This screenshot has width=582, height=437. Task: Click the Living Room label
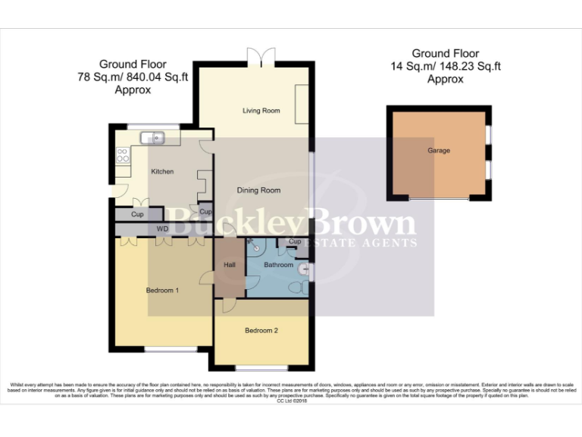point(261,111)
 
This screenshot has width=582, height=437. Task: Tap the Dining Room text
point(259,190)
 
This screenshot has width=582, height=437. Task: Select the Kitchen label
point(162,171)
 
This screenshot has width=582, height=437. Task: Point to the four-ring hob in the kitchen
point(122,156)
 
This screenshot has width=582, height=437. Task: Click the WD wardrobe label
point(162,228)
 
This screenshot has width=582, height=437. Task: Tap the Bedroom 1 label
point(162,290)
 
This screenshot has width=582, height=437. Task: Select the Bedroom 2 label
point(261,331)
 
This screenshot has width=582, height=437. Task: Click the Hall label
point(230,265)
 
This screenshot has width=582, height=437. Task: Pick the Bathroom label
point(278,266)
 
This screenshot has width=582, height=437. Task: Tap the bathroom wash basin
point(304,268)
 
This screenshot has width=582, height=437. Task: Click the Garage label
point(438,151)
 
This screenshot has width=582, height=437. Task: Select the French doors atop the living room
point(261,56)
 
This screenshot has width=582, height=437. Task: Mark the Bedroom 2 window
point(261,368)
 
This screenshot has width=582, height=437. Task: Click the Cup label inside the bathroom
point(295,242)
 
